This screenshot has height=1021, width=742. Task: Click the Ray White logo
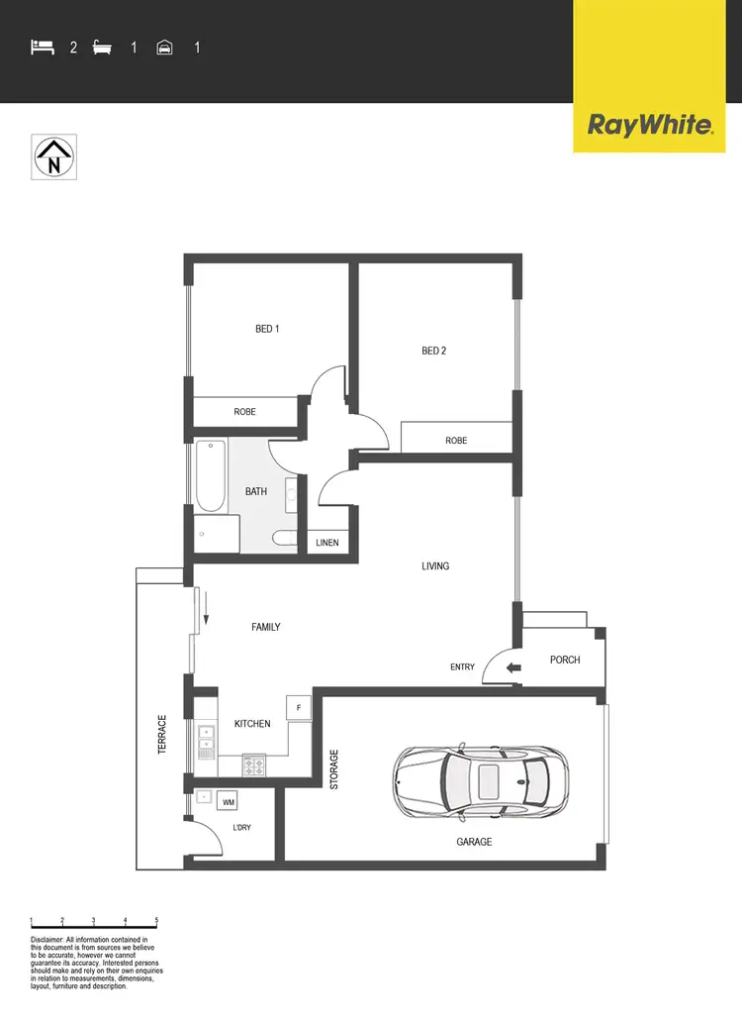click(x=650, y=125)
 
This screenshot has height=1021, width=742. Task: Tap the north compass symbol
click(x=54, y=157)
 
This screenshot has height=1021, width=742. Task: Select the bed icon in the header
click(x=42, y=47)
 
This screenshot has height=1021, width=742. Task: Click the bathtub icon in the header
click(x=102, y=47)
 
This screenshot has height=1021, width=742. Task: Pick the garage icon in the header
click(x=165, y=47)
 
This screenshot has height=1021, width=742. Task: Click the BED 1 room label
click(x=267, y=329)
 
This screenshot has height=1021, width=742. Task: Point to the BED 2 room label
click(x=433, y=351)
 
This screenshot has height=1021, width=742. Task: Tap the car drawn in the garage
click(x=481, y=782)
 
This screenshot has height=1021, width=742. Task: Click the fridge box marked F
click(x=299, y=707)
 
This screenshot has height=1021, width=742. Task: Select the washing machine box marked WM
click(x=229, y=801)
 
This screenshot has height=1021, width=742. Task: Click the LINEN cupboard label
click(x=327, y=544)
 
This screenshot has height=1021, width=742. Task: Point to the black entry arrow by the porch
click(x=514, y=667)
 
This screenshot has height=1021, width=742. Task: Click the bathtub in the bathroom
click(x=210, y=474)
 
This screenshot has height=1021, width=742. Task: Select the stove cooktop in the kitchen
click(x=254, y=765)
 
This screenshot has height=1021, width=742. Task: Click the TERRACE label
click(x=162, y=736)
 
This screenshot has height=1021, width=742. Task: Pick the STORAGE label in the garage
click(x=333, y=769)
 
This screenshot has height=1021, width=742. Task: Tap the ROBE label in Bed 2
click(x=456, y=441)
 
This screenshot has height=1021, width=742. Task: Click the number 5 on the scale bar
click(x=155, y=920)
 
